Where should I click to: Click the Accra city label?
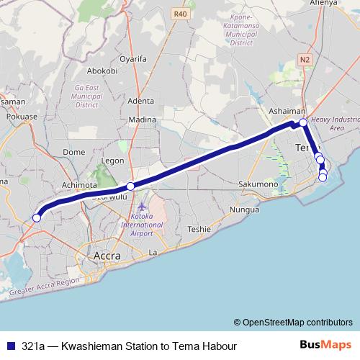pyautogui.click(x=108, y=256)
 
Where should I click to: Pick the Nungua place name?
pyautogui.click(x=244, y=210)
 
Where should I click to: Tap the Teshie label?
pyautogui.click(x=199, y=229)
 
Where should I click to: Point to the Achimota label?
pyautogui.click(x=79, y=185)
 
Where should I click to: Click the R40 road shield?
pyautogui.click(x=179, y=13)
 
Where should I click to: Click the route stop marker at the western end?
pyautogui.click(x=37, y=217)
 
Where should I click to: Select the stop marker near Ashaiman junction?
pyautogui.click(x=303, y=122)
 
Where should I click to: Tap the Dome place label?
pyautogui.click(x=74, y=152)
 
